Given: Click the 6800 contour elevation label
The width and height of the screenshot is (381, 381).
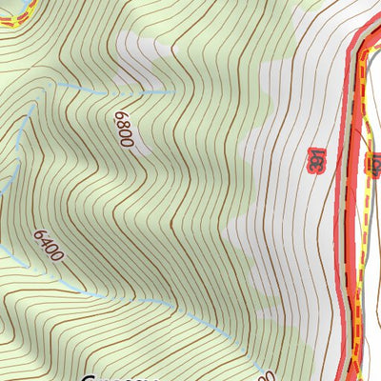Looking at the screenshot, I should coord(125,131).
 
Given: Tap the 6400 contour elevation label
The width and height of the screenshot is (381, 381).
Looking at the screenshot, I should coord(48,244).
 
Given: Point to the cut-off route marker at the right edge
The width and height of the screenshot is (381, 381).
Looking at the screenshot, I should coord(375,163).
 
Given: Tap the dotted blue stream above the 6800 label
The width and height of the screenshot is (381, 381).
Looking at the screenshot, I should coord(114,92).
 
